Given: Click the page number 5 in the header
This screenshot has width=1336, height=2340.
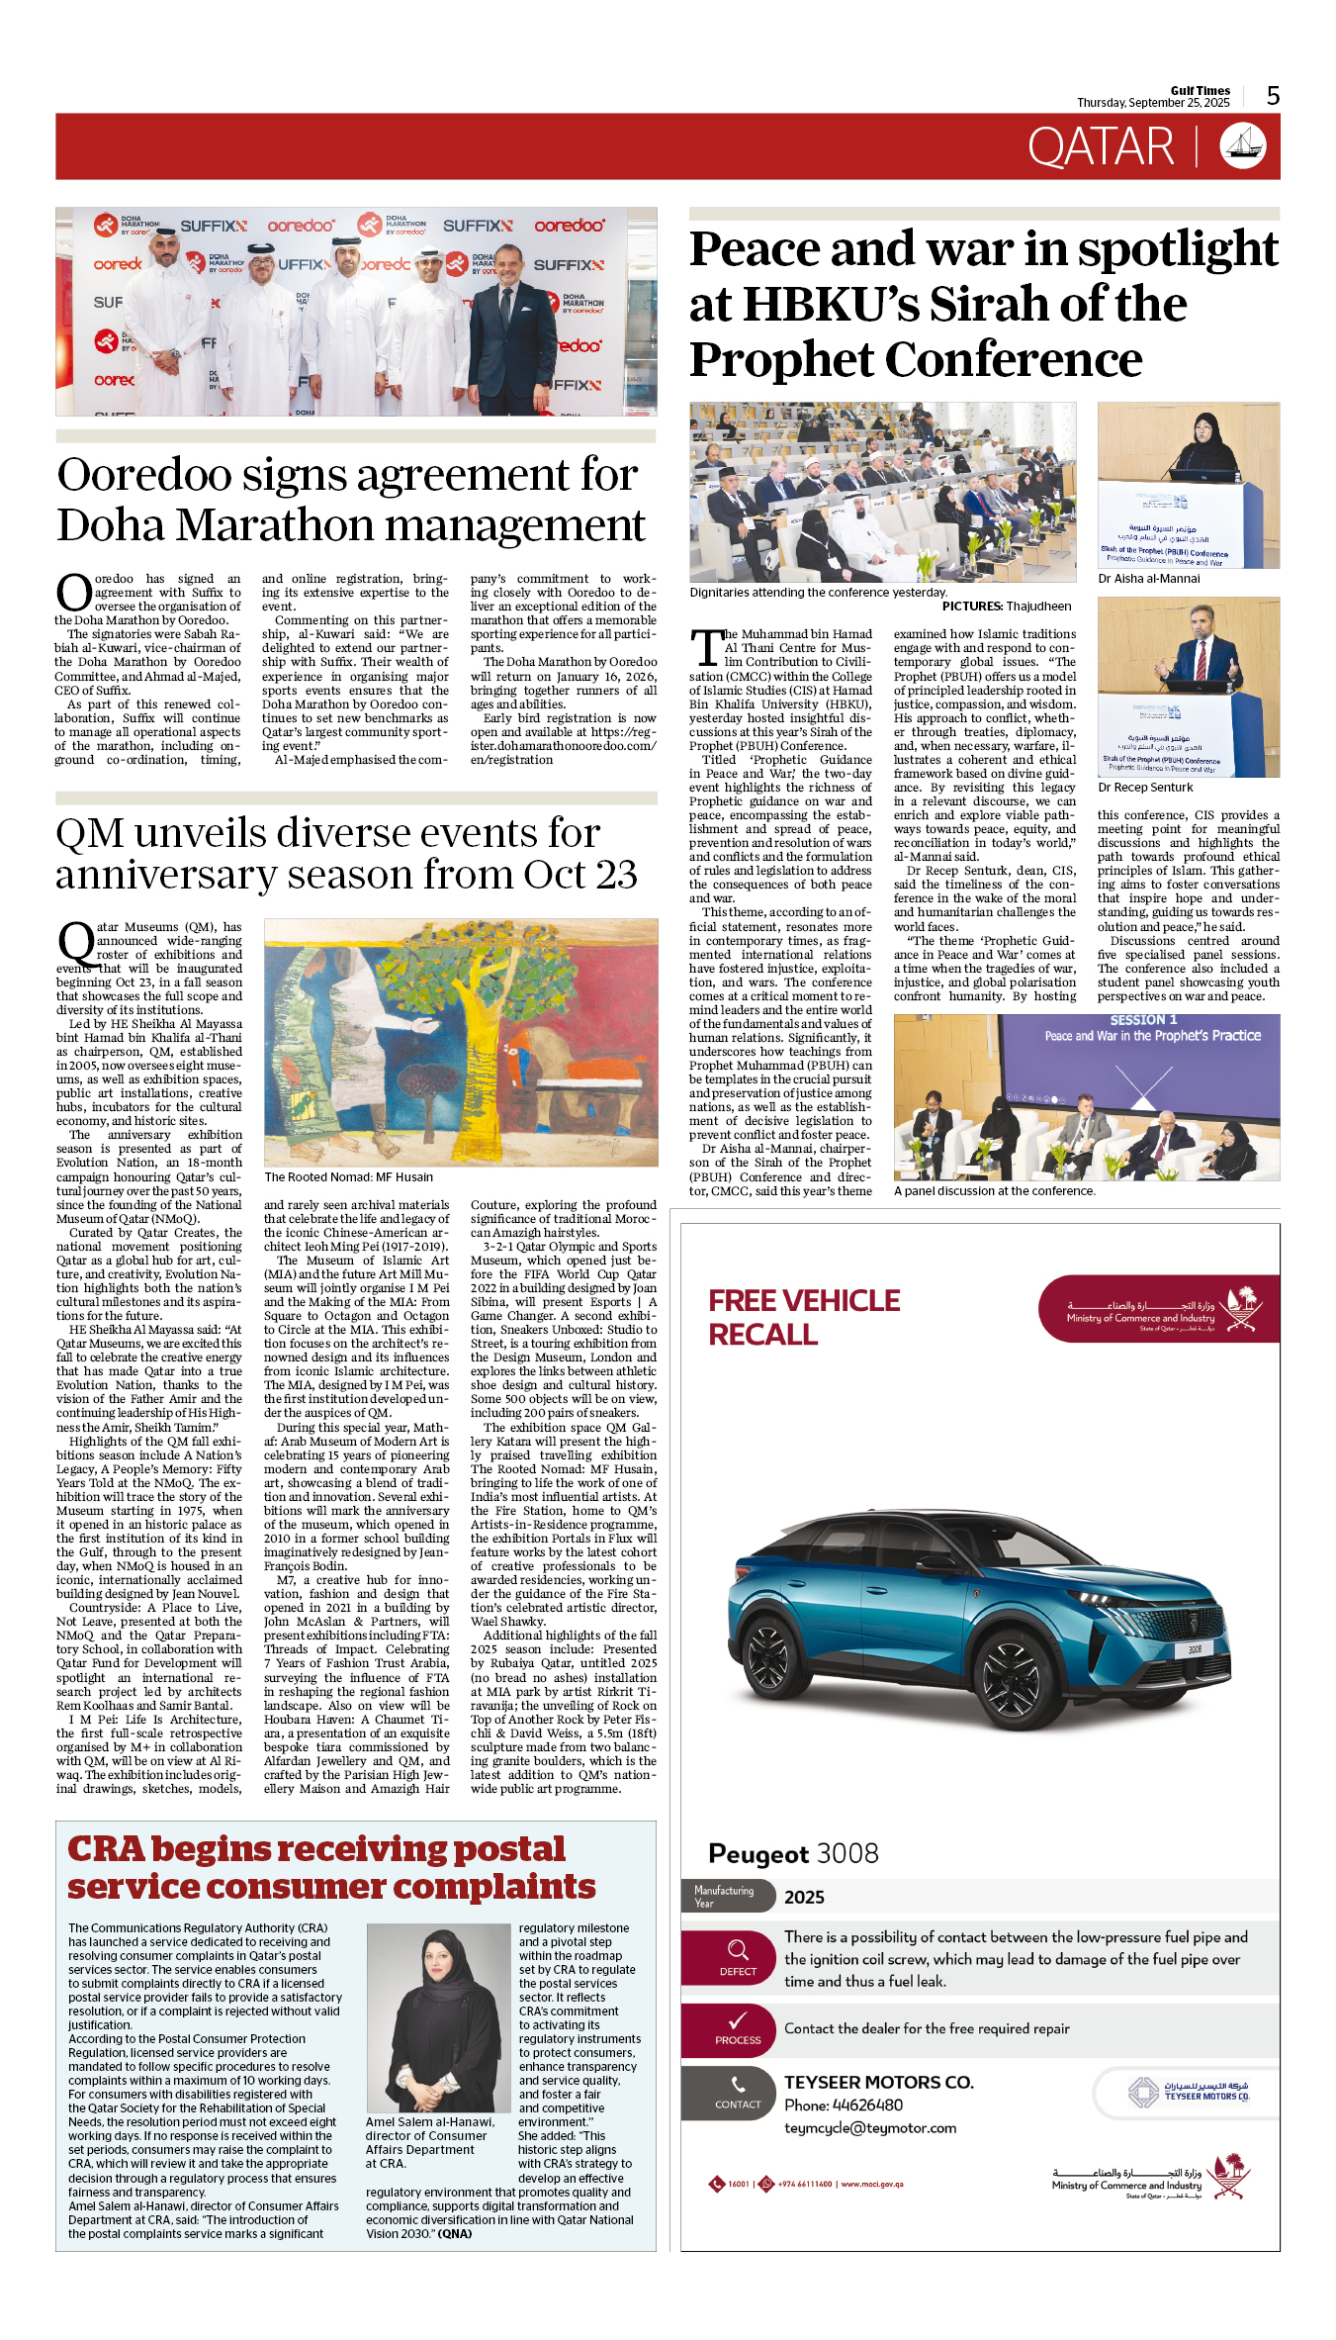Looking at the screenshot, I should click(1273, 96).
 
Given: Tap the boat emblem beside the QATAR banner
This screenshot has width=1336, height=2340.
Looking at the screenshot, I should click(1243, 146).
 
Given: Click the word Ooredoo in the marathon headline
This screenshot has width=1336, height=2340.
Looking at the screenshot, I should click(144, 475).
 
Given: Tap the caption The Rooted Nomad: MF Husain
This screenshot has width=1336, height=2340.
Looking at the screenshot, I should click(348, 1177).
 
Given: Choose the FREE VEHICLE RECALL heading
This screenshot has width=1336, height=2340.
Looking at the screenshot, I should click(804, 1318).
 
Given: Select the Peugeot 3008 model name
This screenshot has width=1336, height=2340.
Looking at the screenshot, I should click(793, 1853).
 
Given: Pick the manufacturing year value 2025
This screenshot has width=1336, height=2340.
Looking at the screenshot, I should click(804, 1897).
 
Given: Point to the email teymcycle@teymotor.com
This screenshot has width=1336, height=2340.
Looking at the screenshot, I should click(870, 2127).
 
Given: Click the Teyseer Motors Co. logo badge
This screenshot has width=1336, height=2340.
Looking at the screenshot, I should click(1188, 2092).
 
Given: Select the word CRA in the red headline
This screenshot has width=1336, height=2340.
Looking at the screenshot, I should click(105, 1849).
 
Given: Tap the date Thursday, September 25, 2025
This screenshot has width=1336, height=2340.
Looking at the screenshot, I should click(1152, 103).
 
